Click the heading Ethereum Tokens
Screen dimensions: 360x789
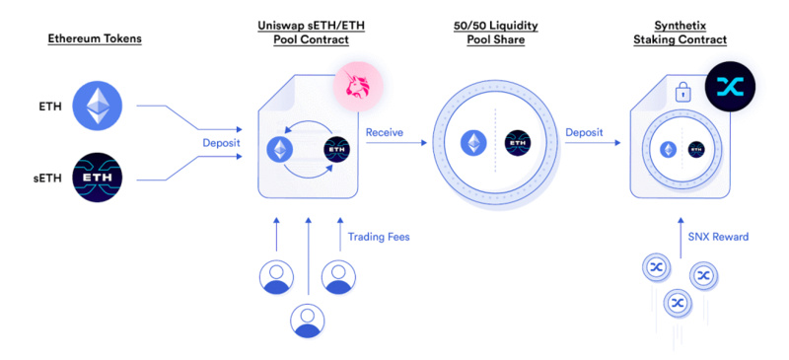click(x=96, y=38)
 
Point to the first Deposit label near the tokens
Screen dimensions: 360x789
click(x=221, y=142)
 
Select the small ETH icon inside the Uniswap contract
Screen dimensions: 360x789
click(x=280, y=150)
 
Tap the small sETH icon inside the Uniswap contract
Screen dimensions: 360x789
click(x=336, y=150)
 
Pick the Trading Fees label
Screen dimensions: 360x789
click(x=377, y=236)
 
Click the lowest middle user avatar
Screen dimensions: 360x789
click(x=308, y=320)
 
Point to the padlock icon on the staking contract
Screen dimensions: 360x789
click(x=682, y=96)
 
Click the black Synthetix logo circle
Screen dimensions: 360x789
click(x=729, y=88)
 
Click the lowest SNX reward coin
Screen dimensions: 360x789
click(x=678, y=303)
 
